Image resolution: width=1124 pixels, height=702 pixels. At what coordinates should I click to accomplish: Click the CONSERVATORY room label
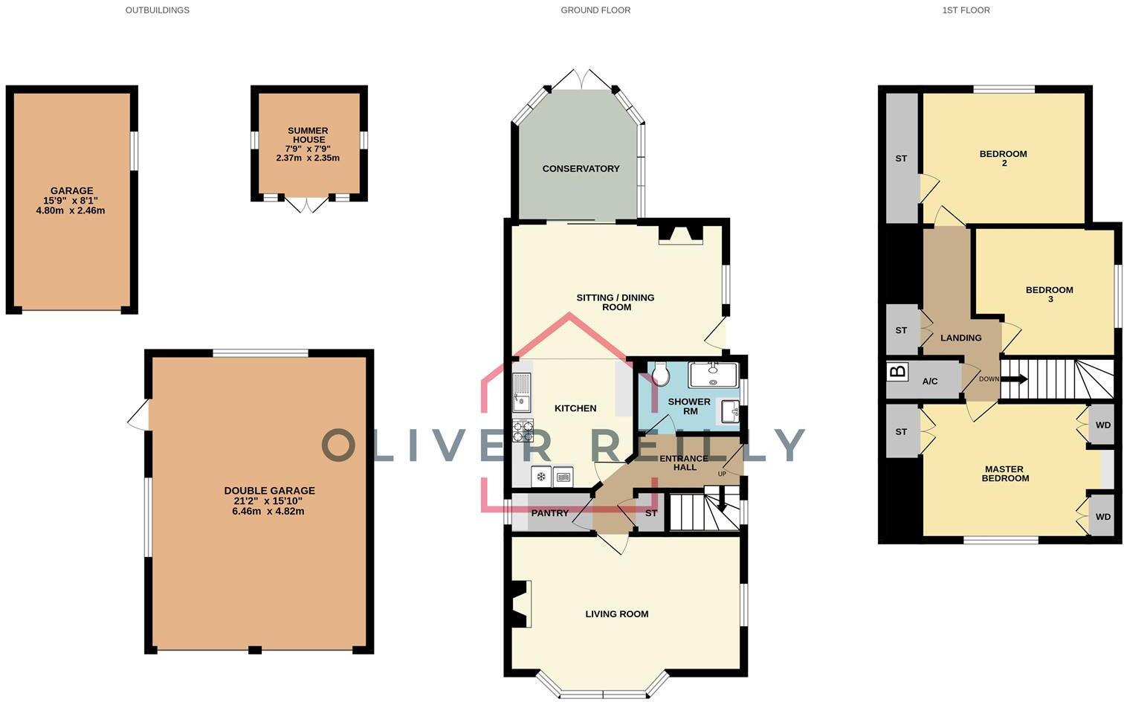pyautogui.click(x=581, y=169)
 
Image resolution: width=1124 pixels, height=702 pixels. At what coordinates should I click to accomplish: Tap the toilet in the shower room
pyautogui.click(x=661, y=373)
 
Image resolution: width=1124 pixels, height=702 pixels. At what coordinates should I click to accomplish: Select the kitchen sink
pyautogui.click(x=522, y=392)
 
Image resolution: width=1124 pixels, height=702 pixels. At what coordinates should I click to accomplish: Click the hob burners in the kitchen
pyautogui.click(x=523, y=431)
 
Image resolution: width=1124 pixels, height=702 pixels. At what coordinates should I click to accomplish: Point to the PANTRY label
pyautogui.click(x=550, y=513)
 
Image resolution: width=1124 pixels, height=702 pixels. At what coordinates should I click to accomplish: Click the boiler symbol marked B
pyautogui.click(x=898, y=371)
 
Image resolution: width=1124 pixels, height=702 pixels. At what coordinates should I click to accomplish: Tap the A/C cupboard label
pyautogui.click(x=930, y=381)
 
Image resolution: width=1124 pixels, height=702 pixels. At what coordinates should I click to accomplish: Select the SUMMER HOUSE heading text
pyautogui.click(x=308, y=135)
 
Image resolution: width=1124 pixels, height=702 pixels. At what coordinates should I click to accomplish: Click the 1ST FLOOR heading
pyautogui.click(x=966, y=10)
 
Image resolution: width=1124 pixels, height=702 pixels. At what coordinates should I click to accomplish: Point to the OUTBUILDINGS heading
pyautogui.click(x=157, y=10)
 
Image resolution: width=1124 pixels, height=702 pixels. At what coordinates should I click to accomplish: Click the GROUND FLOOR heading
pyautogui.click(x=595, y=10)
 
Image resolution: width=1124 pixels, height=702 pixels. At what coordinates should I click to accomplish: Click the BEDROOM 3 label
pyautogui.click(x=1049, y=294)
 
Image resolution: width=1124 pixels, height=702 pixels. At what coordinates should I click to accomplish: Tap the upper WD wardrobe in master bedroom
pyautogui.click(x=1102, y=425)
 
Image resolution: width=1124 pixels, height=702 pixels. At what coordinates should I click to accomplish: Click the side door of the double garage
pyautogui.click(x=139, y=415)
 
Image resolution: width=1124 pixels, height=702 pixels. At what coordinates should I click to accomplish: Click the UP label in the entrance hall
pyautogui.click(x=722, y=474)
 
